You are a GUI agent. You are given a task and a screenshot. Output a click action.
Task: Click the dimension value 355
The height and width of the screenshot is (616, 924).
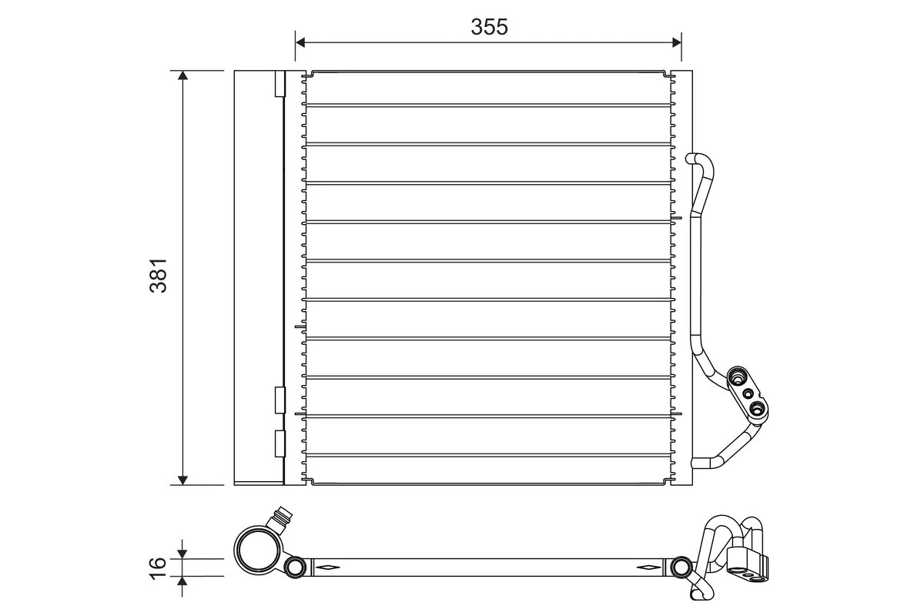(x=490, y=27)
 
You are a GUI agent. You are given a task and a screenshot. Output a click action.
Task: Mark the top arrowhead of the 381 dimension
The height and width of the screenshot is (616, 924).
(x=182, y=76)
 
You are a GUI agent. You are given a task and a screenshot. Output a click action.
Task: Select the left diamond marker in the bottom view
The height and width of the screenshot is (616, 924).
(x=326, y=568)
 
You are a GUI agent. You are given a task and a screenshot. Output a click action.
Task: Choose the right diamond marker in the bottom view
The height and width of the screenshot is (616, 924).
(x=648, y=568)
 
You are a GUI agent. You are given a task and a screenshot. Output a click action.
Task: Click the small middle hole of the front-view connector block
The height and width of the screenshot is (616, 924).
(x=747, y=393)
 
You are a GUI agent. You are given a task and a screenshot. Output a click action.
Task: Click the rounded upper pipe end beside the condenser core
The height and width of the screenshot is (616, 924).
(x=691, y=159)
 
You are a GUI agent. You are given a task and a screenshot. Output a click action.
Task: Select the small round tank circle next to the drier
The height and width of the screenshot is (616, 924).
(x=295, y=568)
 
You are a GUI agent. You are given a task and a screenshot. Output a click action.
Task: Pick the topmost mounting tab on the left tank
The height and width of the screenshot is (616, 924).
(x=280, y=85)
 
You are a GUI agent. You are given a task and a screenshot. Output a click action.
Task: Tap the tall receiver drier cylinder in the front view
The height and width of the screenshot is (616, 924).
(x=258, y=277)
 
